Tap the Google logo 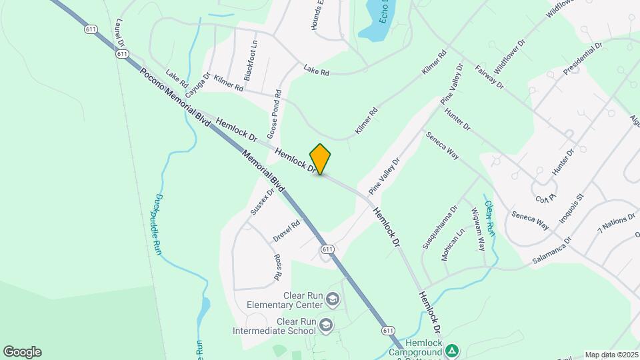point(22,352)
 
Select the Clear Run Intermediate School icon point(326,325)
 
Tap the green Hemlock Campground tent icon point(452,350)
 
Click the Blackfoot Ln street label point(251,65)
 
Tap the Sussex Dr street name point(263,201)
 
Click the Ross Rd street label point(278,266)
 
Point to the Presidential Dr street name point(583,59)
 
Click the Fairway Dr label point(489,77)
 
